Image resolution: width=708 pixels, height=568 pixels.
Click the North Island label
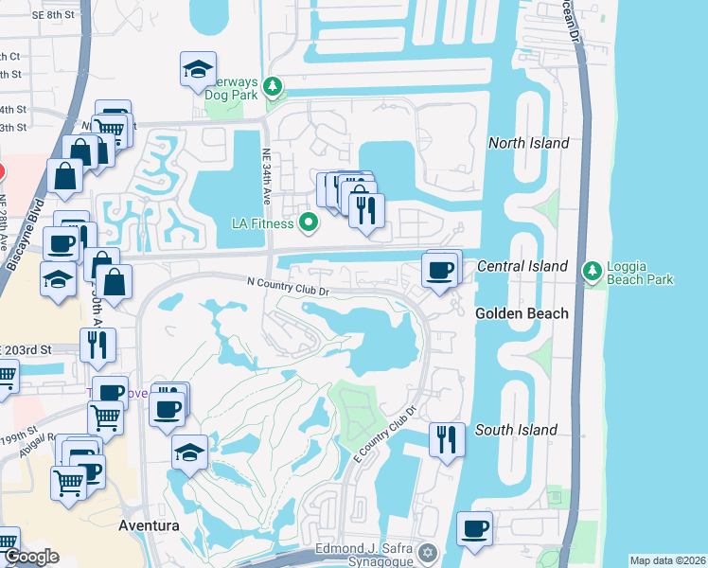pyautogui.click(x=528, y=143)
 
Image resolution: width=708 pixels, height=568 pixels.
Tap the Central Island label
pyautogui.click(x=522, y=266)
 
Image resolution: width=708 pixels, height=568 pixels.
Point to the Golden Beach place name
pyautogui.click(x=522, y=313)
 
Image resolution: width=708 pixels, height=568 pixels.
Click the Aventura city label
pyautogui.click(x=149, y=524)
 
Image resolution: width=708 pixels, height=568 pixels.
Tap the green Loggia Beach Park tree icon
pyautogui.click(x=593, y=272)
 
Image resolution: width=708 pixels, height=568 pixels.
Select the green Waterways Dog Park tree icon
pyautogui.click(x=273, y=88)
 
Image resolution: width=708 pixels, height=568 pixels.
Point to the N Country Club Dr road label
pyautogui.click(x=287, y=283)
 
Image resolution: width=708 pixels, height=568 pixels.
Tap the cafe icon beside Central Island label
pyautogui.click(x=442, y=271)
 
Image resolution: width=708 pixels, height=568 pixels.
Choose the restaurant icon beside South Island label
pyautogui.click(x=447, y=439)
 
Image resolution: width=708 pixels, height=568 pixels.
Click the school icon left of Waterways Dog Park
pyautogui.click(x=199, y=70)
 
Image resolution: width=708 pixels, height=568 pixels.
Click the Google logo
pyautogui.click(x=32, y=558)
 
